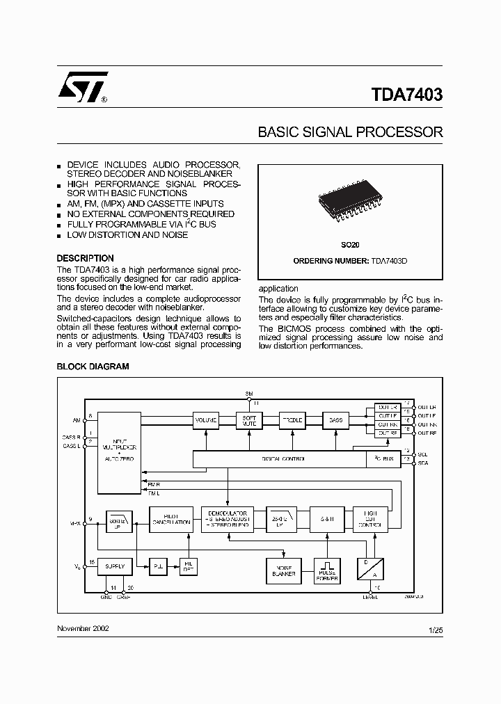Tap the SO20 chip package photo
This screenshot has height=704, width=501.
[x=350, y=202]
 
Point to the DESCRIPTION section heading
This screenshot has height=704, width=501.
[x=85, y=258]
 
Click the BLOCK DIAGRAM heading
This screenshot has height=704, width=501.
[x=93, y=367]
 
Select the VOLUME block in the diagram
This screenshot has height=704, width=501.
[x=205, y=420]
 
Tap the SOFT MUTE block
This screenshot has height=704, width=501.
[x=248, y=420]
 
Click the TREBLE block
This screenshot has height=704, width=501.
[x=292, y=420]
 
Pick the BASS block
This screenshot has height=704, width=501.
[x=335, y=420]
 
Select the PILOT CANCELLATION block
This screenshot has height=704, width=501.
[x=170, y=519]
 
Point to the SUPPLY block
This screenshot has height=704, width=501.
[x=115, y=566]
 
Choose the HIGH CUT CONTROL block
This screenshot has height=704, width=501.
[x=370, y=519]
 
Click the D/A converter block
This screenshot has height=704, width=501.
[x=370, y=569]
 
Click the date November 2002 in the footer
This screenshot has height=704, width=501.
[x=83, y=628]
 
